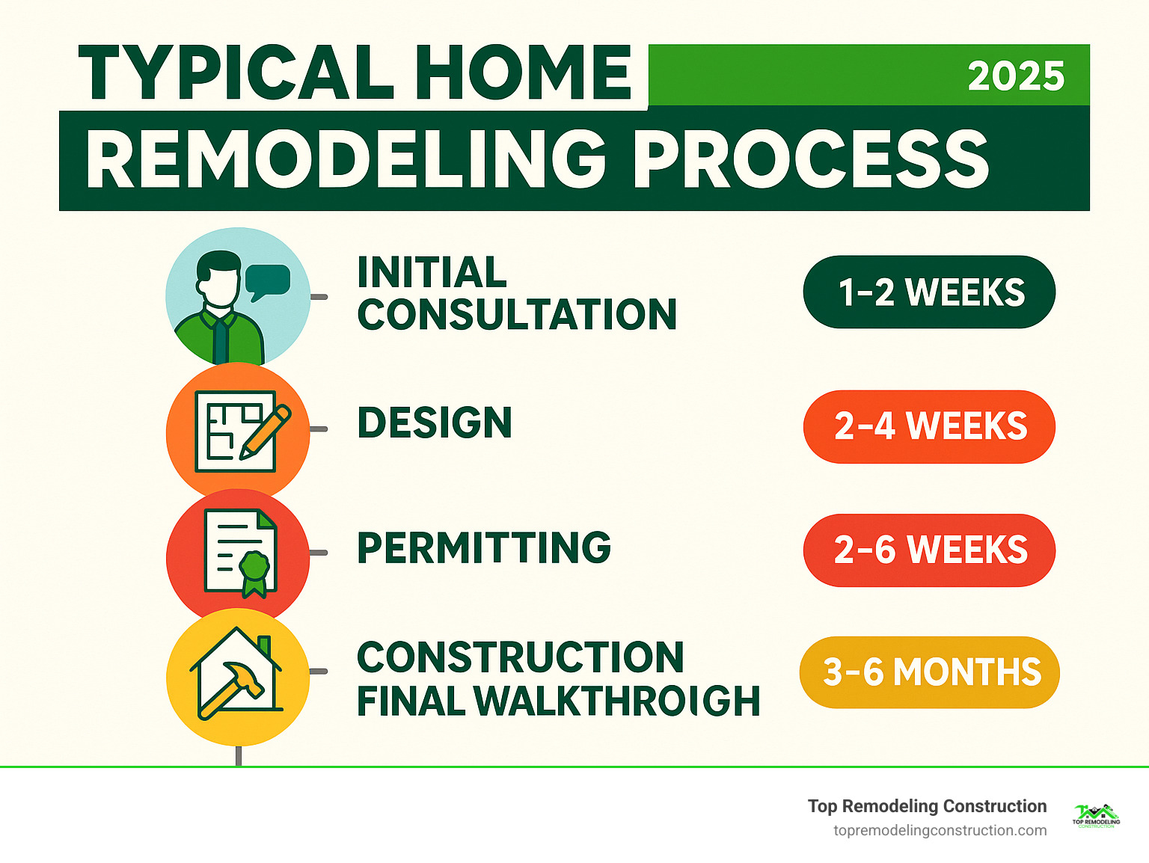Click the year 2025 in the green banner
1015,76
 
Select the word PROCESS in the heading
811,160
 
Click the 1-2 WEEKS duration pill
929,292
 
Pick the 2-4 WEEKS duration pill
929,426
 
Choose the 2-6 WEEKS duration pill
929,550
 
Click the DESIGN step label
434,423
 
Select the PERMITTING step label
484,548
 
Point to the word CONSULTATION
517,315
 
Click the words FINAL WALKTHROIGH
558,701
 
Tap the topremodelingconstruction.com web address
940,830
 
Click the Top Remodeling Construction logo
1096,816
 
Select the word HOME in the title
524,73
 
